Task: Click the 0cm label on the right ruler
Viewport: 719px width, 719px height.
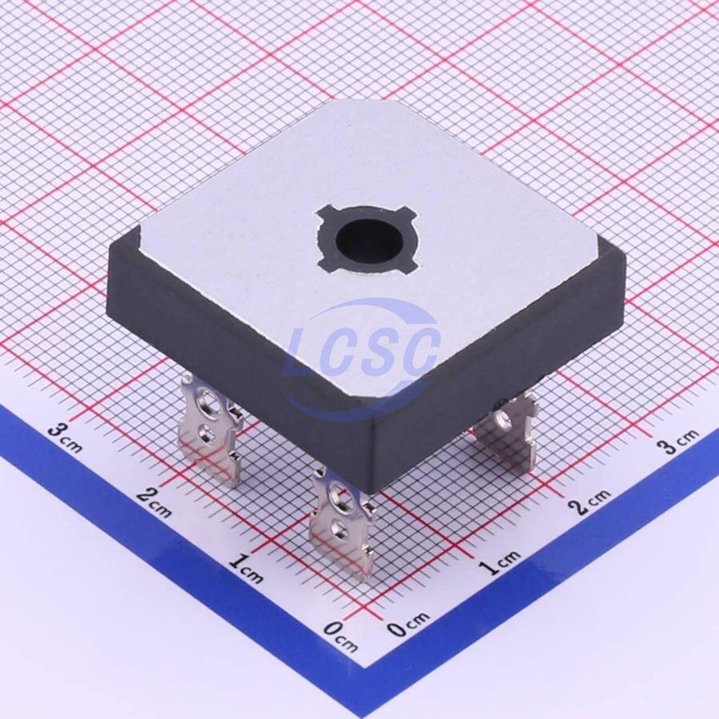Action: (408, 624)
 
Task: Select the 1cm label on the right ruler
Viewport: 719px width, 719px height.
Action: (500, 562)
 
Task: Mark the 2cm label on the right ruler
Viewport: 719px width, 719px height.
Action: (590, 501)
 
